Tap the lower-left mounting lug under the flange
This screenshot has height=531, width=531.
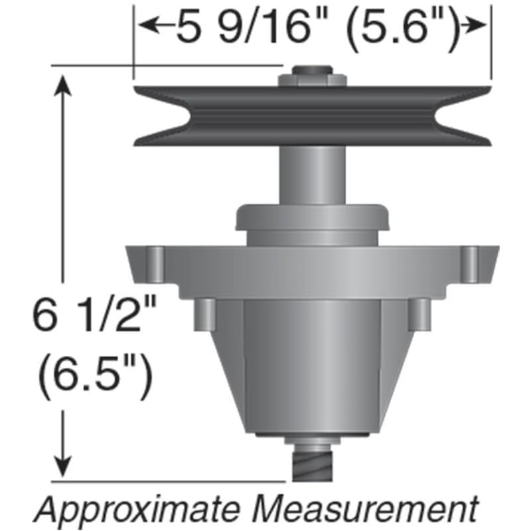click(x=205, y=314)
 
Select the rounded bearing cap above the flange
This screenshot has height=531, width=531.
click(x=312, y=222)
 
